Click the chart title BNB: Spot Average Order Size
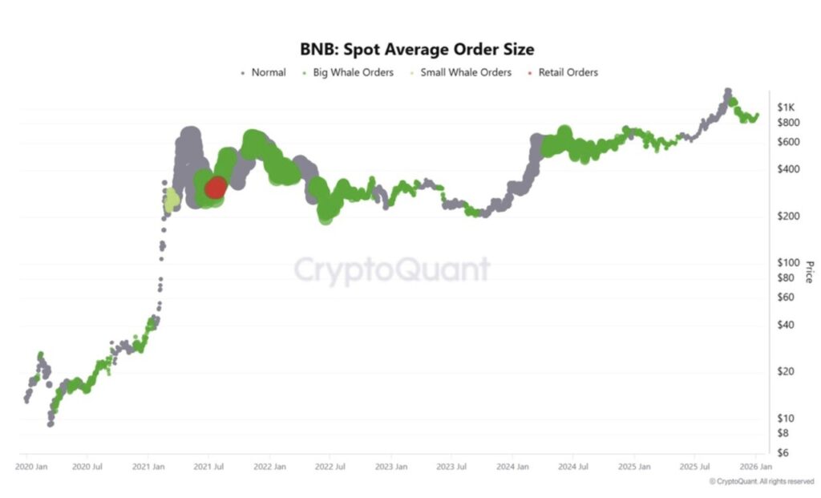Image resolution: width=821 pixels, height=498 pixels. coord(416,50)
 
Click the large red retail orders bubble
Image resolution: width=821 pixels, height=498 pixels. coord(216,188)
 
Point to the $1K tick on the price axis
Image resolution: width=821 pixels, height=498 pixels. coord(786,107)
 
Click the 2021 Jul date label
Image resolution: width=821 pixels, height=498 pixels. coord(208,466)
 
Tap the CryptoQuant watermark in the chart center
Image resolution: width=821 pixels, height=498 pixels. coord(390,269)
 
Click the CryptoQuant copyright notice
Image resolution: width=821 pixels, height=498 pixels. coord(761,481)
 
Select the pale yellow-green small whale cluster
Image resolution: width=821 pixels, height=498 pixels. coord(172,200)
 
